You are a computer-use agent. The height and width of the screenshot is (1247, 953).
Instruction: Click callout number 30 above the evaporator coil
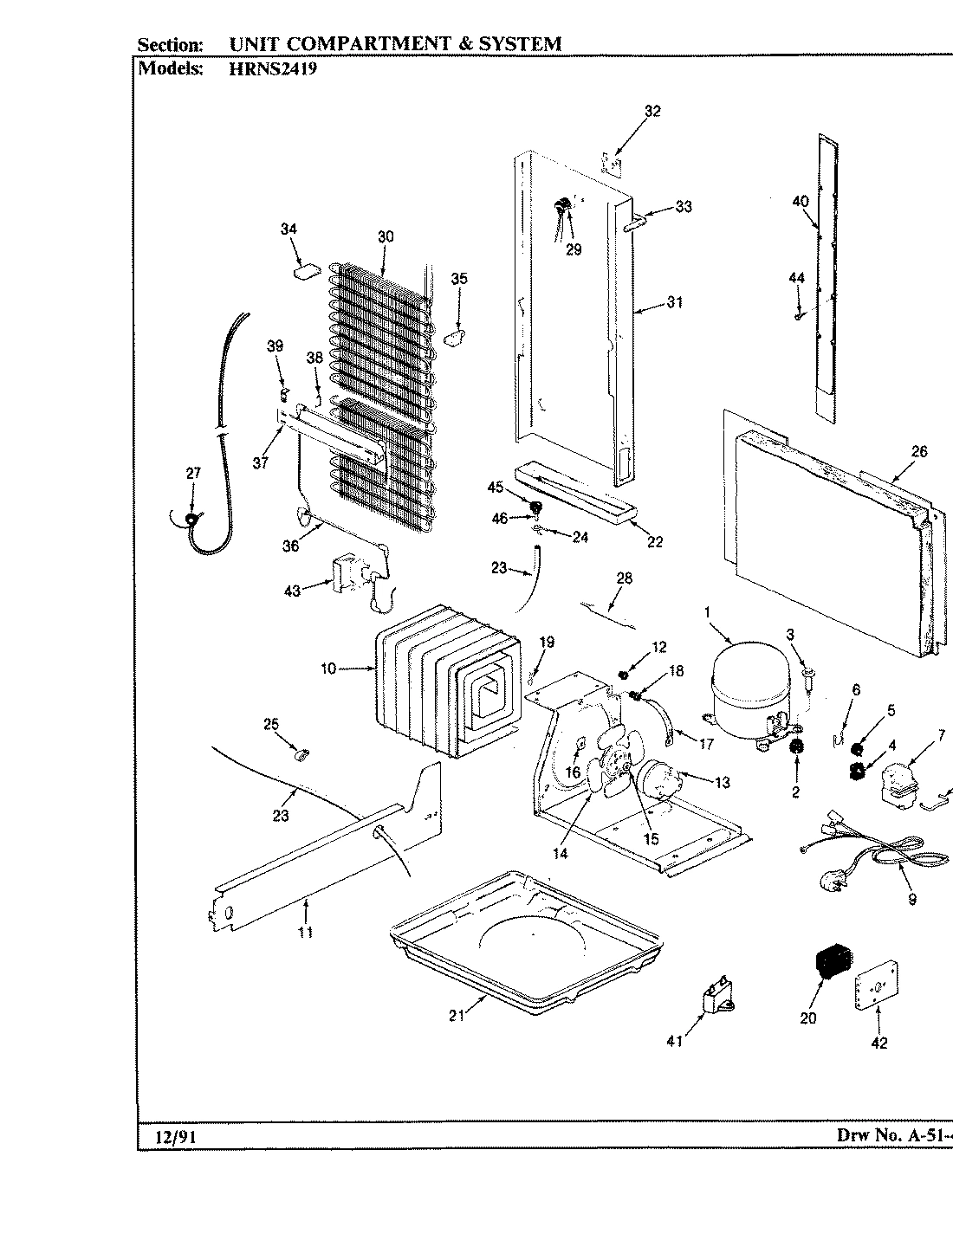tap(386, 236)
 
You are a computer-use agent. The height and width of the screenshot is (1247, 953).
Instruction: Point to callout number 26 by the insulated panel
tap(918, 451)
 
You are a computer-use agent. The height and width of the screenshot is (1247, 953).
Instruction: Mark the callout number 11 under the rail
tap(305, 933)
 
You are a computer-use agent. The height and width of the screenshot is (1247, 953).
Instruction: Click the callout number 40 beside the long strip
tap(800, 201)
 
